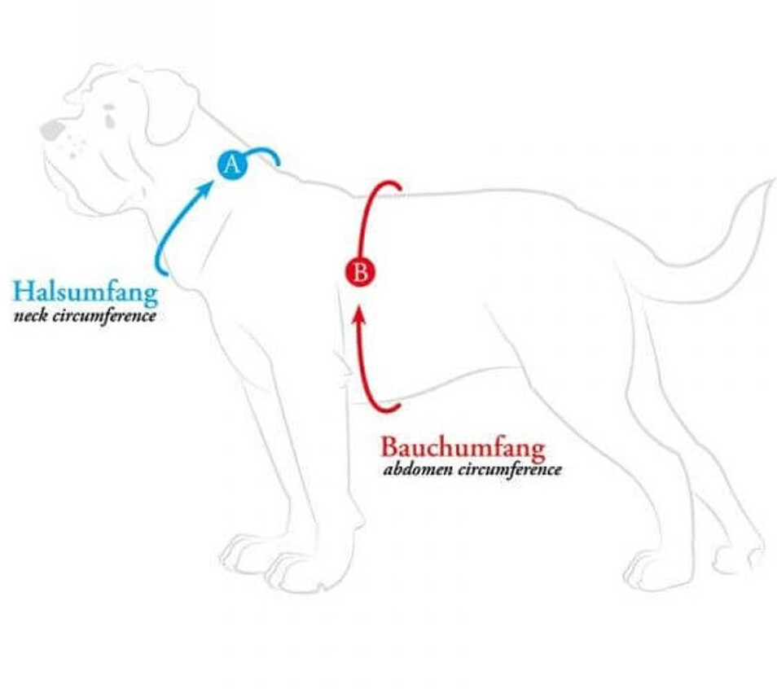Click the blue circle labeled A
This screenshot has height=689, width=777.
[x=232, y=165]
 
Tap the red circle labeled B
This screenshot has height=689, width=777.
[x=359, y=272]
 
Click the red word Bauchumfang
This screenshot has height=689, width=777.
[x=463, y=448]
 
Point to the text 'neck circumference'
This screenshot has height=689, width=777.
[x=85, y=315]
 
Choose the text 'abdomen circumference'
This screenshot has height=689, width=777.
[x=472, y=470]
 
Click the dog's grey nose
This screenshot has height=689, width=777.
[x=51, y=129]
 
